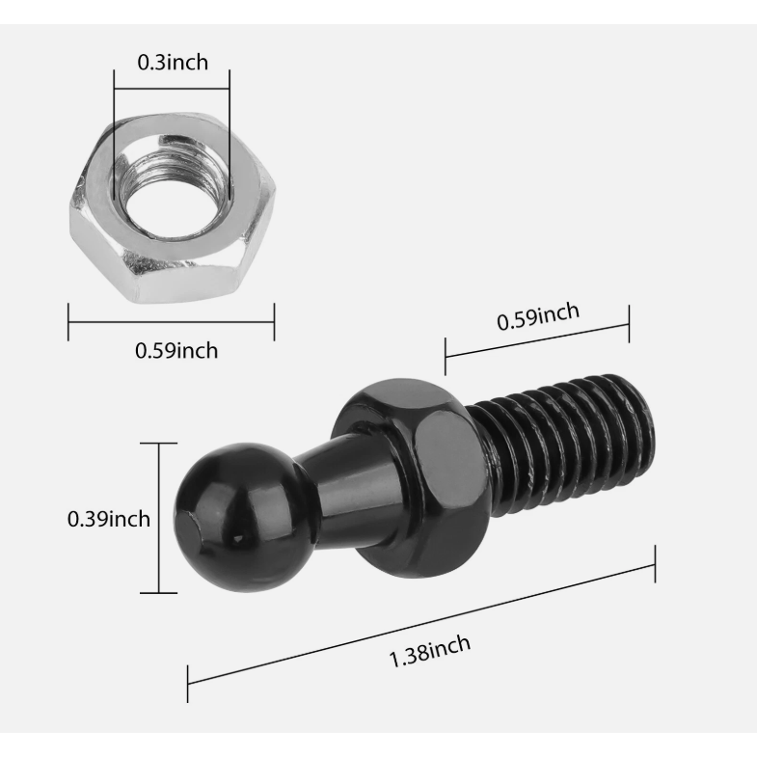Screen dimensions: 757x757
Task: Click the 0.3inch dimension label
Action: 173,63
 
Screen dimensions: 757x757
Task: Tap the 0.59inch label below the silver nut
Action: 176,350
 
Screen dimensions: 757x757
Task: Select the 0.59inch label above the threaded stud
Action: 538,316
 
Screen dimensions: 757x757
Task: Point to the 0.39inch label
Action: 109,519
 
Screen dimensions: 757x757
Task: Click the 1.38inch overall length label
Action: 430,651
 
